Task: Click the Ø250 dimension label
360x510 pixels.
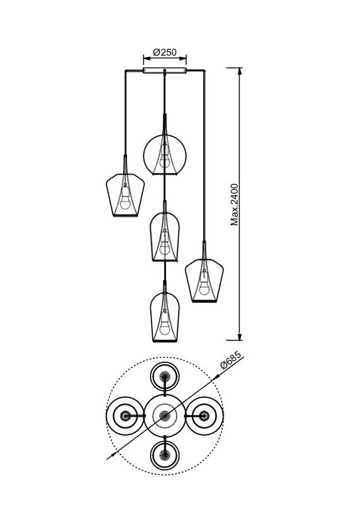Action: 165,52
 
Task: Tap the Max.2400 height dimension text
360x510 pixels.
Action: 234,205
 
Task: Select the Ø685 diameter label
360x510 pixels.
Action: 231,360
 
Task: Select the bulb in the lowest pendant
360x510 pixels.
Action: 165,328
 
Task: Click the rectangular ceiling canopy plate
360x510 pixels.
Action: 165,70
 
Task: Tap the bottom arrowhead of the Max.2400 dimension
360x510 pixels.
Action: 240,337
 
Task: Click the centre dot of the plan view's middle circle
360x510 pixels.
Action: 165,416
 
